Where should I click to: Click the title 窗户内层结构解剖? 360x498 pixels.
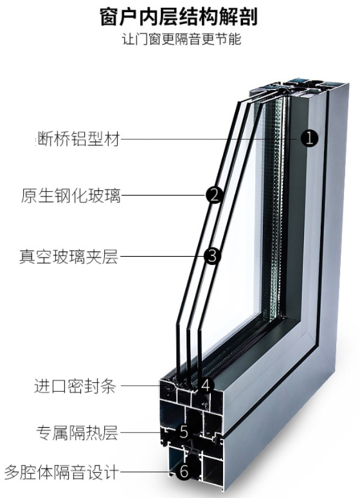[x=179, y=16]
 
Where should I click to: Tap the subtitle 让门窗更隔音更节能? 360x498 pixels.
[x=182, y=39]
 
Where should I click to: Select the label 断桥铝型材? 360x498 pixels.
[x=78, y=139]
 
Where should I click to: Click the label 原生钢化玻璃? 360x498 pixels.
[x=71, y=196]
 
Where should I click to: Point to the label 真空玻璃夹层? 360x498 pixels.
[x=69, y=256]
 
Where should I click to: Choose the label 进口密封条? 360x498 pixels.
[x=75, y=386]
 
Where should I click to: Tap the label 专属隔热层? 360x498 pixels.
[x=77, y=433]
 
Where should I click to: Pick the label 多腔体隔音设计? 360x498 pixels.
[x=62, y=472]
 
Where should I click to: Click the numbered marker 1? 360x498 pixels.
[x=309, y=138]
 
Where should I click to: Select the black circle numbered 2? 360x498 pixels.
[x=215, y=195]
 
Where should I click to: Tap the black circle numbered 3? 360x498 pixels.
[x=212, y=256]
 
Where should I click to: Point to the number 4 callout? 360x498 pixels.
[x=206, y=385]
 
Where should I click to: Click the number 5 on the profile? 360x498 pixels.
[x=184, y=432]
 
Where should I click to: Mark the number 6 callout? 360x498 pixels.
[x=184, y=472]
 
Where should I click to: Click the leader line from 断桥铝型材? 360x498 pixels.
[x=210, y=139]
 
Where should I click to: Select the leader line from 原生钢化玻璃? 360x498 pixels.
[x=163, y=195]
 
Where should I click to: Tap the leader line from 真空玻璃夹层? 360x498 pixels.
[x=161, y=256]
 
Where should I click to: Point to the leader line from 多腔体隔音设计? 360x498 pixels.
[x=148, y=472]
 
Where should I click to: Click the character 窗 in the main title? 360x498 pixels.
[x=109, y=17]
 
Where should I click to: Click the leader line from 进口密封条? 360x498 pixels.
[x=141, y=385]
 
